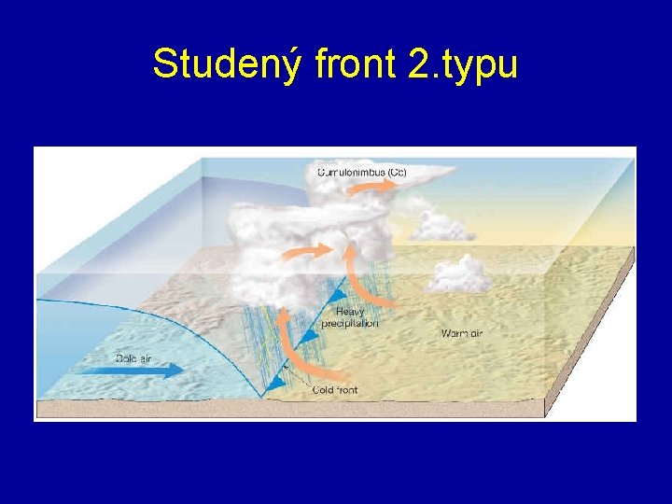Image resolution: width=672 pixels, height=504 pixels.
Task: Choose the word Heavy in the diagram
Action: click(x=350, y=313)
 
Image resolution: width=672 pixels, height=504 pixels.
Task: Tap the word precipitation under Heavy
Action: click(x=350, y=324)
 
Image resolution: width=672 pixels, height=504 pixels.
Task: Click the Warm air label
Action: click(x=462, y=333)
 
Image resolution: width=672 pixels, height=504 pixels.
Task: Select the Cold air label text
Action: click(x=134, y=357)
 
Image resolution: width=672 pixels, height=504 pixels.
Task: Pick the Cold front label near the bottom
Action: click(x=335, y=389)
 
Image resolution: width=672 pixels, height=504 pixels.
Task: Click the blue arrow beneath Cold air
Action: click(x=140, y=371)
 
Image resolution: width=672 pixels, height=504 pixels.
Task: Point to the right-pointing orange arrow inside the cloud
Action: click(x=316, y=251)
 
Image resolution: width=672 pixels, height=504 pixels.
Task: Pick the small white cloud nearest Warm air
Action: click(x=459, y=273)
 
